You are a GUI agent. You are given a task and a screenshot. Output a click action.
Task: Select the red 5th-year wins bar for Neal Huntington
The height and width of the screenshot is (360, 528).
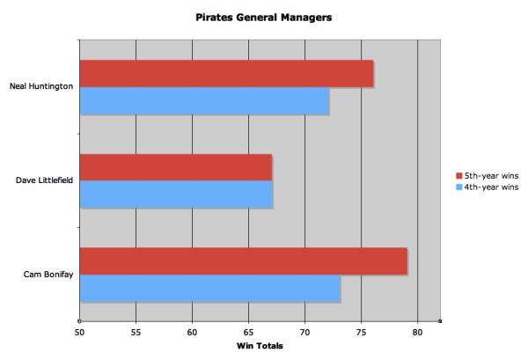pos(226,74)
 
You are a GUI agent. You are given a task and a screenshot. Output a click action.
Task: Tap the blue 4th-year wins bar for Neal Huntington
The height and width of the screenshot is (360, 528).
pos(204,101)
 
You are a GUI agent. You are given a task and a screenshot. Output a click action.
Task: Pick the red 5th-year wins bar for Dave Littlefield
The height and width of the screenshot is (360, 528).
pos(176,167)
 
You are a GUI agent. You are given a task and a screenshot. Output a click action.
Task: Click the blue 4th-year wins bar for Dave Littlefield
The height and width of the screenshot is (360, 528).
pos(176,195)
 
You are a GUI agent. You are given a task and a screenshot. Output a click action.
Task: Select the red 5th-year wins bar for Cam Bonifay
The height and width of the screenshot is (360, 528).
pos(243,261)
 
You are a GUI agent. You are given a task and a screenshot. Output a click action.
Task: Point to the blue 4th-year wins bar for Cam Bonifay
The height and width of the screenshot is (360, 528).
pos(209,289)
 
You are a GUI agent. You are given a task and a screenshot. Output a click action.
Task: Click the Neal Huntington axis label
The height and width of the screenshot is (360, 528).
pos(40,87)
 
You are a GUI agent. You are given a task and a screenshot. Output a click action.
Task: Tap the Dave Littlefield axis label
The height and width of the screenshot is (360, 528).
pos(44,181)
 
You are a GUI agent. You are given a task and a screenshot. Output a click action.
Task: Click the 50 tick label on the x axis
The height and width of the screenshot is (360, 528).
pos(79,333)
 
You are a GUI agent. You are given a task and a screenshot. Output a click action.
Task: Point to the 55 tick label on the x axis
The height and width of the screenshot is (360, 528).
pos(136,333)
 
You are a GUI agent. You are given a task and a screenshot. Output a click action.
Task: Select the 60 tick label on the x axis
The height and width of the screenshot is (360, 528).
pos(192,333)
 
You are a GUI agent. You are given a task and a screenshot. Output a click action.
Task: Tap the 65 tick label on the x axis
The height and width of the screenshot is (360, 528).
pos(248,333)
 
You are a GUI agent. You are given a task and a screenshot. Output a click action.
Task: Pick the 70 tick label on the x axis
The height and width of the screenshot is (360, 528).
pos(304,333)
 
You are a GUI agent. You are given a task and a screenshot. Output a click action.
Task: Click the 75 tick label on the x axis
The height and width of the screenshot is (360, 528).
pos(361,333)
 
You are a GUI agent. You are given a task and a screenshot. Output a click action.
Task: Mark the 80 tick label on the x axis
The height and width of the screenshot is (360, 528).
pos(417,333)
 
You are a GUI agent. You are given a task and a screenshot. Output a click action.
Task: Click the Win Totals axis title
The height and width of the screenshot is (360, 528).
pos(260,346)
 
